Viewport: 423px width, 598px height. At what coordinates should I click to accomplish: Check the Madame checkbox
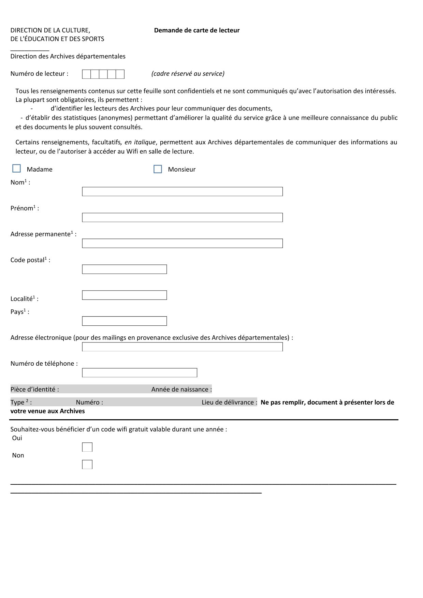(16, 169)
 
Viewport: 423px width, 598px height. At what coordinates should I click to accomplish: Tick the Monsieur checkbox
(158, 169)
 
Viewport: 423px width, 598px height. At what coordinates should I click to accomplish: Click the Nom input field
(182, 192)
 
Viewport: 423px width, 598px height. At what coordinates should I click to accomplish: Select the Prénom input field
(182, 218)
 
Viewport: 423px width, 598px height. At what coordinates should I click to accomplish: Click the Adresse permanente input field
(182, 244)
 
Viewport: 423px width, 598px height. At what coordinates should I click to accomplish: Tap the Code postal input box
(124, 269)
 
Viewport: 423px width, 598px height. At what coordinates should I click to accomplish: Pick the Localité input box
(124, 295)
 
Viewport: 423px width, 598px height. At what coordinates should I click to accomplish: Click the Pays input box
(124, 321)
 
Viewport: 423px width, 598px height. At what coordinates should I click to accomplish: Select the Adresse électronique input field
(182, 347)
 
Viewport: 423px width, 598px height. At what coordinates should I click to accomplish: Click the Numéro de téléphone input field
(140, 373)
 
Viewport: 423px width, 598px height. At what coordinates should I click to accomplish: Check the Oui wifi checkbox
(87, 447)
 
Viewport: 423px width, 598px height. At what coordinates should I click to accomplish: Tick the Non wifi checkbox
(87, 465)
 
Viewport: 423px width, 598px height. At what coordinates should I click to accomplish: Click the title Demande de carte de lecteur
(197, 30)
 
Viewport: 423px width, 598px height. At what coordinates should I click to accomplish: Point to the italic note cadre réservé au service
(188, 74)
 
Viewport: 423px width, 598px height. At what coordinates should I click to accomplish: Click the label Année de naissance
(181, 390)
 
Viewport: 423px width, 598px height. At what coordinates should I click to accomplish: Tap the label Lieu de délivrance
(229, 403)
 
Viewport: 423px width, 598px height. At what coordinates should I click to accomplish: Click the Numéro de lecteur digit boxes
(103, 74)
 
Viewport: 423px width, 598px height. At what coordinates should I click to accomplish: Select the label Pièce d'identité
(35, 390)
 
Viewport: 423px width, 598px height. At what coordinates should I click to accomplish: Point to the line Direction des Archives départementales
(68, 56)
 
